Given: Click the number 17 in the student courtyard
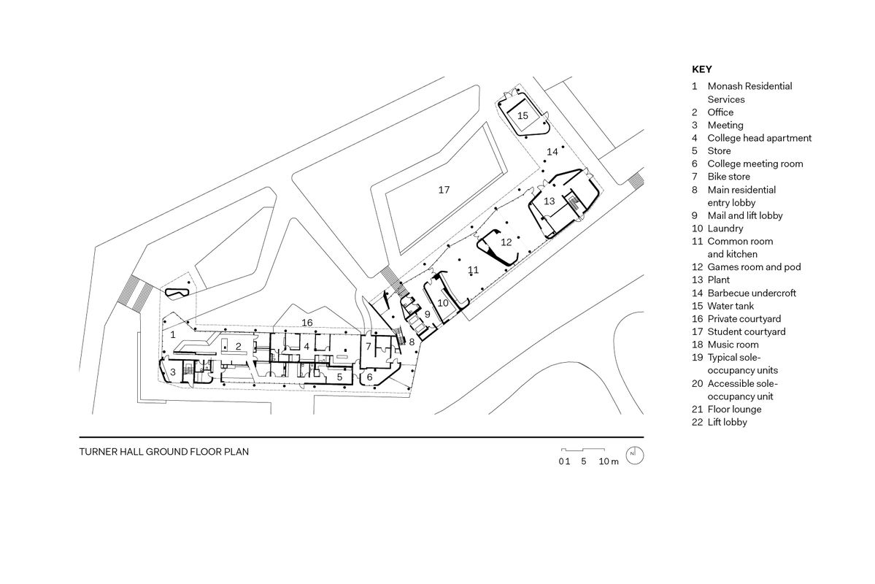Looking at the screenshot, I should click(x=444, y=190).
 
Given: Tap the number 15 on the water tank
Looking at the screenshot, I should click(x=523, y=115).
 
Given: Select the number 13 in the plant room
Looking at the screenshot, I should click(x=550, y=201).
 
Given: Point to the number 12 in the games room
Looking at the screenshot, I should click(x=506, y=242).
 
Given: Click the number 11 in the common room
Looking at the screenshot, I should click(x=473, y=269).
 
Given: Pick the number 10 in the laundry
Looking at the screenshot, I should click(x=442, y=301).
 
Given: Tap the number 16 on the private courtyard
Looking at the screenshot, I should click(x=307, y=322).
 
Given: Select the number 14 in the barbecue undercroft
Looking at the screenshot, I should click(x=552, y=151).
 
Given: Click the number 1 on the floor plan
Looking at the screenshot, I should click(x=173, y=334).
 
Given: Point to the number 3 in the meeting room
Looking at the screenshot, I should click(x=173, y=372).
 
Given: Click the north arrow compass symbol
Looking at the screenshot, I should click(x=635, y=456).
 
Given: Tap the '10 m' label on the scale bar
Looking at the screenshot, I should click(x=609, y=461).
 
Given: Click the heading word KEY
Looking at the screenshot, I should click(x=701, y=69).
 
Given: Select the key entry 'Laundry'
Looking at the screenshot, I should click(x=726, y=228).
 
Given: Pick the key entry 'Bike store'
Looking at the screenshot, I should click(x=728, y=177).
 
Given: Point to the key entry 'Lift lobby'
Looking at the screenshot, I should click(x=727, y=422).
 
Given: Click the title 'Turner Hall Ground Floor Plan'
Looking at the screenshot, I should click(x=164, y=452).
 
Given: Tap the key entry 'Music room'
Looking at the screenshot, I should click(x=733, y=345).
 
